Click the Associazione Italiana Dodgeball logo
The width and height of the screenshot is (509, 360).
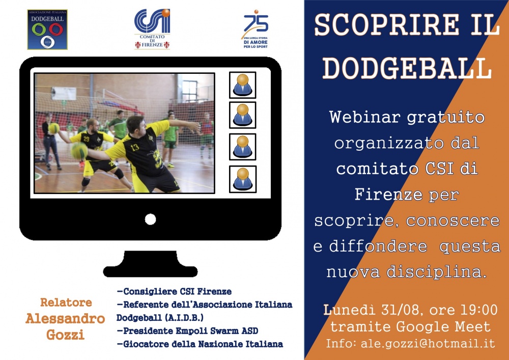(47, 30)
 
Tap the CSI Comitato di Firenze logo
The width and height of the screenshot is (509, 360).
(152, 29)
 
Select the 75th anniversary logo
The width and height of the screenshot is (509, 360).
(256, 29)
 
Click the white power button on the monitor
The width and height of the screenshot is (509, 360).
(150, 219)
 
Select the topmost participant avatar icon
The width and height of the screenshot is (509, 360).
(242, 85)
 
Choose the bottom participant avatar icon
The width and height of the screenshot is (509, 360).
(242, 179)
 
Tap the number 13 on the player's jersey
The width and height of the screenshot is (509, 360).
(135, 147)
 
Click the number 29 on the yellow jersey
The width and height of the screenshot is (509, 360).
(87, 139)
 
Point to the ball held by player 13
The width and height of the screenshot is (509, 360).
(79, 151)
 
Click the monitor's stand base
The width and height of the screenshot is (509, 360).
(150, 264)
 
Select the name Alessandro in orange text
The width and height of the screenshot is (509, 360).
(65, 318)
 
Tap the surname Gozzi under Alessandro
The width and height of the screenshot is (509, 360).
(65, 335)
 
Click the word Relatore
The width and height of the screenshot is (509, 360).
(66, 302)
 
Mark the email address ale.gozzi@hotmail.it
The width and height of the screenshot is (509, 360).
(428, 343)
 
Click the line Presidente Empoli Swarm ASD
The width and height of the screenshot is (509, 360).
(188, 331)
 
